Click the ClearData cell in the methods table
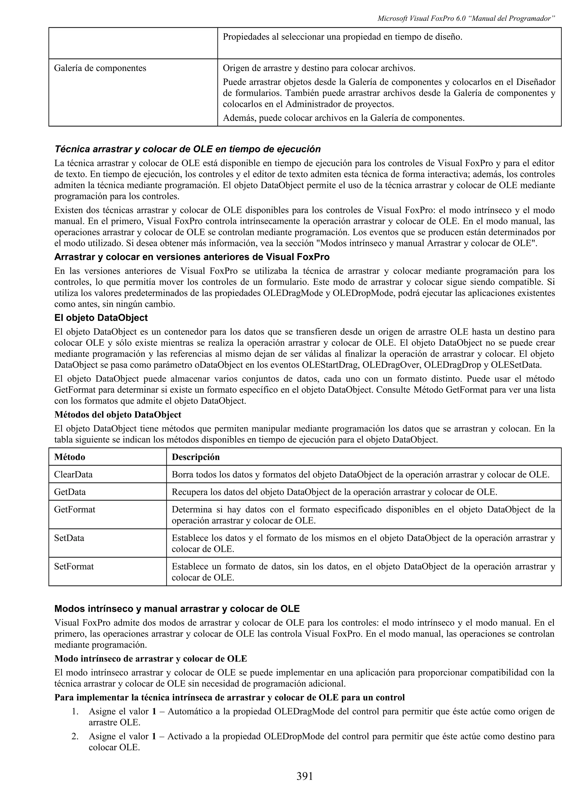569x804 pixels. click(73, 474)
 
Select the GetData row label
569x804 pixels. click(70, 492)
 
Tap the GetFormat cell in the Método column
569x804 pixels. click(75, 509)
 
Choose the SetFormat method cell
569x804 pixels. click(74, 566)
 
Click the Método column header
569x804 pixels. click(70, 457)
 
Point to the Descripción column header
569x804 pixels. click(196, 457)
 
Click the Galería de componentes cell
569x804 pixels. click(100, 68)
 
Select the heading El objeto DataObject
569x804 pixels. click(101, 318)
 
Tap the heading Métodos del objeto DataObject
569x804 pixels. click(118, 414)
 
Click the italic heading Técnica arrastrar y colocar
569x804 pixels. click(188, 149)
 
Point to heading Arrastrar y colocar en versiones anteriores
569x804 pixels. click(192, 257)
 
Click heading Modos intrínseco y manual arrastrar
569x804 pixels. click(177, 609)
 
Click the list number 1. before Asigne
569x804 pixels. click(75, 712)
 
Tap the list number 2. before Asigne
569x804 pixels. click(75, 736)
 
